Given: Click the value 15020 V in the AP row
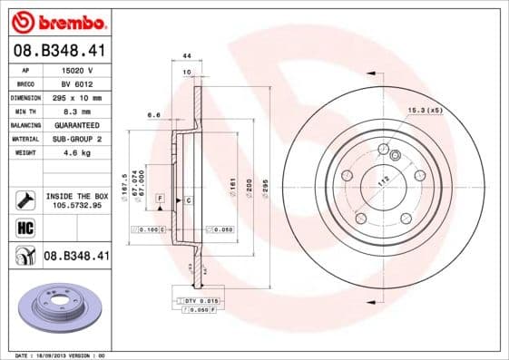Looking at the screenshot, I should click(76, 70).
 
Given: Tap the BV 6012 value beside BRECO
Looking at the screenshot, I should click(76, 83).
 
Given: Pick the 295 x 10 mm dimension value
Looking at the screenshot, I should click(76, 97).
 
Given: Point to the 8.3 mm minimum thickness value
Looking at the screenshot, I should click(76, 111).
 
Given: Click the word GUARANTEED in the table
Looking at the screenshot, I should click(76, 124).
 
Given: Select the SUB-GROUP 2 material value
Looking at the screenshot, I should click(76, 139).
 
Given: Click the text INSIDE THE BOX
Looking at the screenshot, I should click(76, 195).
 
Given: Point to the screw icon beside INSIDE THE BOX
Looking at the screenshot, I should click(24, 199).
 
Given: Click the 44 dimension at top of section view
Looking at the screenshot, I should click(186, 57).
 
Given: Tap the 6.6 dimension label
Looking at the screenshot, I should click(153, 115).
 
